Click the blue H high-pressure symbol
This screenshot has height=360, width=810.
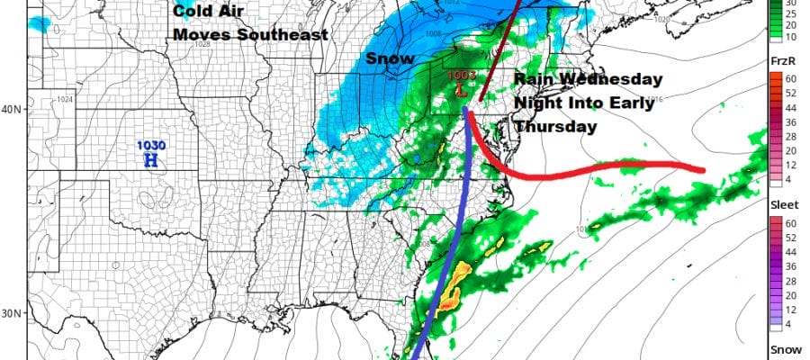(151, 160)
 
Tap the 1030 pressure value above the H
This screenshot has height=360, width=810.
(150, 146)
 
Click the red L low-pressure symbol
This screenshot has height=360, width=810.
(461, 90)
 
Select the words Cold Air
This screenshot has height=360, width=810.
(208, 12)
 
